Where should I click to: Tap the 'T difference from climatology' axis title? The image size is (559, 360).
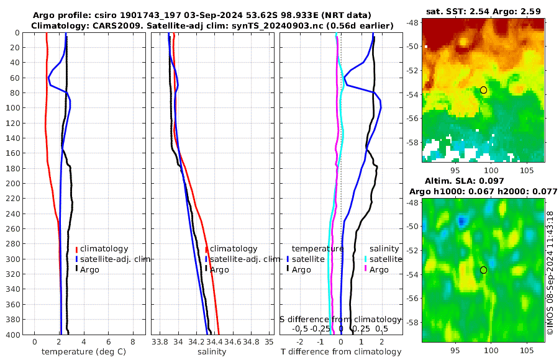coord(340,351)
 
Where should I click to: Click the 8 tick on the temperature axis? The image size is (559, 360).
coord(133,341)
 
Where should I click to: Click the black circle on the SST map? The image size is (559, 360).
coord(483,90)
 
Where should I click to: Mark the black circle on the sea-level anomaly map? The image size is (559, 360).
coord(483,270)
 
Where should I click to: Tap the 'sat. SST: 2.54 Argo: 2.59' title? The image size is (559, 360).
coord(484,11)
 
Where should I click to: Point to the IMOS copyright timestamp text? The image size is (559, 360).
coord(551,273)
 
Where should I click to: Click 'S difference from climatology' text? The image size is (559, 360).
coord(340,319)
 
